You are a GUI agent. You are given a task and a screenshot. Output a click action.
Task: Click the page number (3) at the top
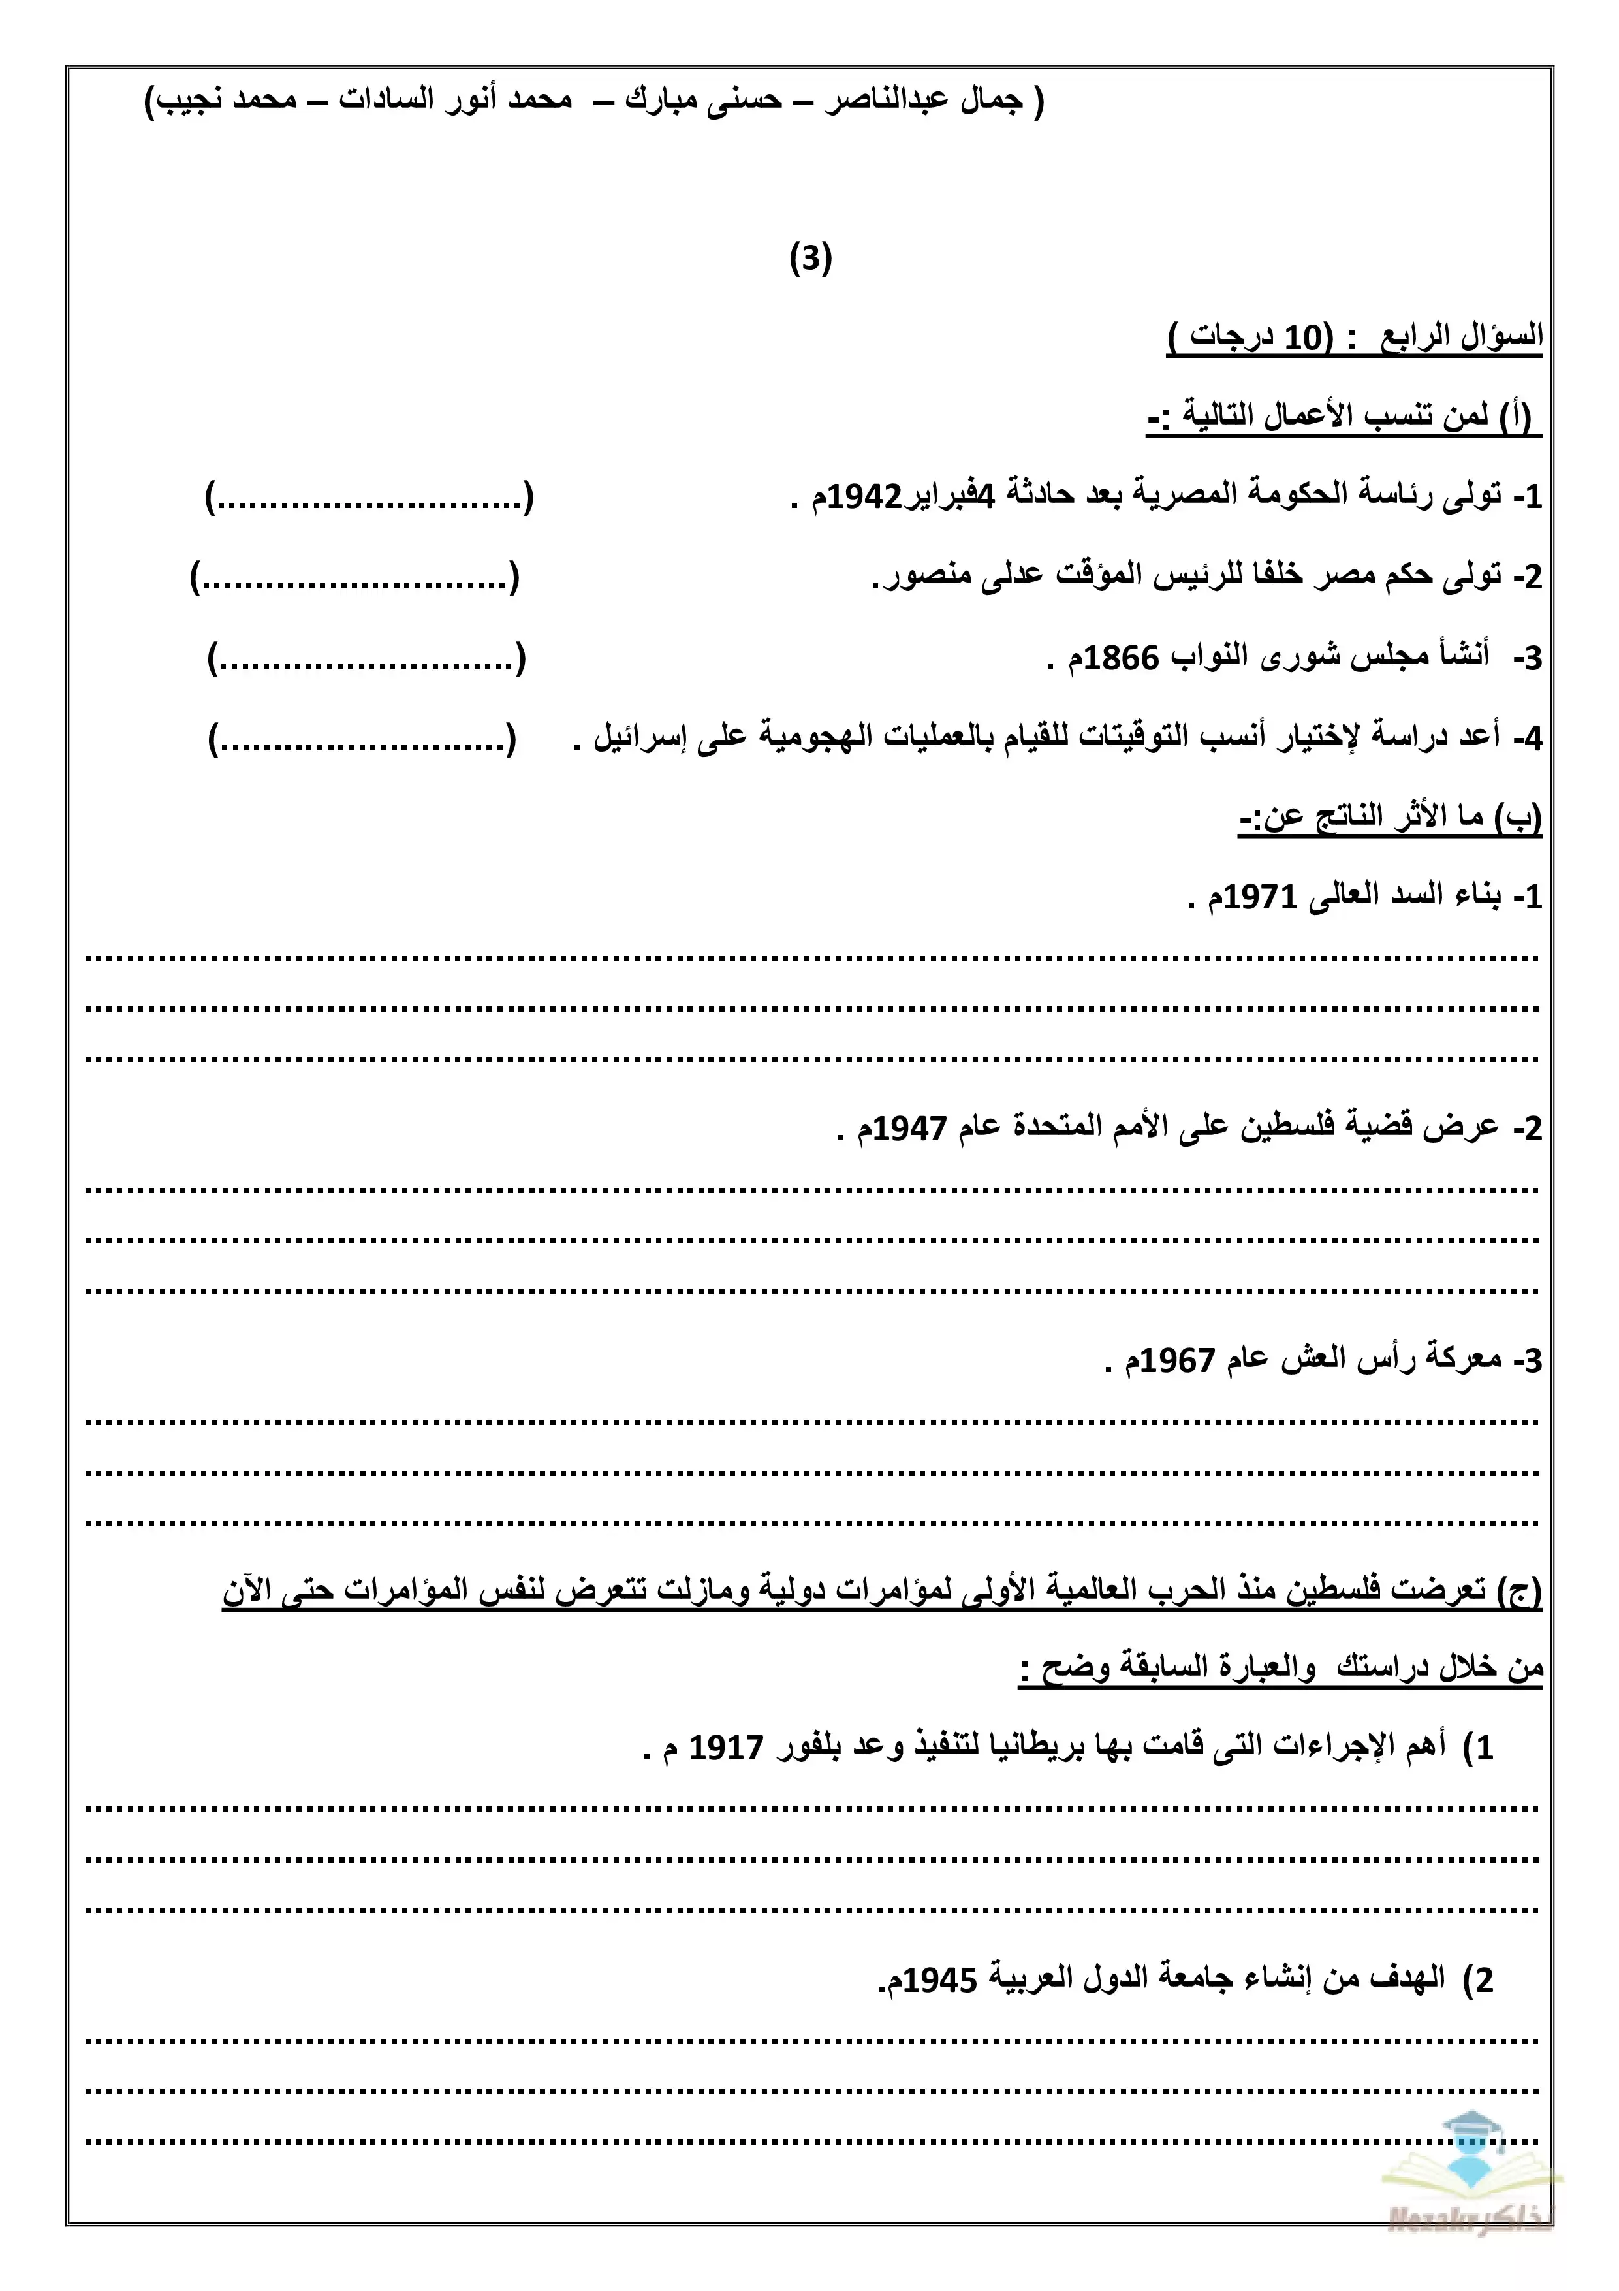tap(810, 259)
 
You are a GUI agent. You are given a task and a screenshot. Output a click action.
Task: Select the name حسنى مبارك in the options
tap(703, 101)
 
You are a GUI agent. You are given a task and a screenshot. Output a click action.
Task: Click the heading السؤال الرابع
tap(1462, 337)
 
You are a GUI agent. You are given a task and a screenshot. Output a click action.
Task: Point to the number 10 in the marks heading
tap(1302, 338)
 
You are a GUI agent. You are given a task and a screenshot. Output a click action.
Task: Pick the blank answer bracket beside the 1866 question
tap(366, 658)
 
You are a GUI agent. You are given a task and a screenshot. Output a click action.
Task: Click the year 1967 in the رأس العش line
tap(1176, 1361)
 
